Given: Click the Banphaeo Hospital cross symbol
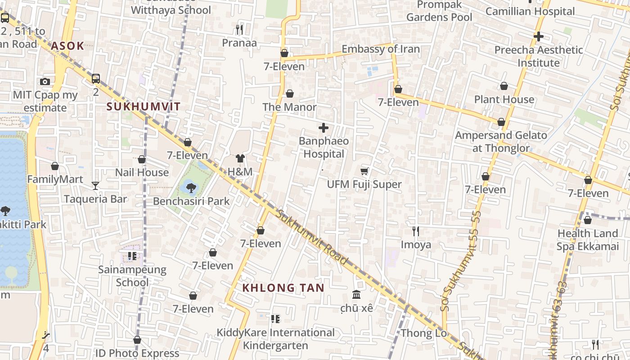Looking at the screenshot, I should click(x=323, y=128).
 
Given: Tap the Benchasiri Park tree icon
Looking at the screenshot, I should click(x=191, y=188).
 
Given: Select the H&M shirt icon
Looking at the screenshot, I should click(x=240, y=158).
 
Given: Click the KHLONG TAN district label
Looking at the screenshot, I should click(x=283, y=288).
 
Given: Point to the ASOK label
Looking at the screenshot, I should click(x=67, y=45).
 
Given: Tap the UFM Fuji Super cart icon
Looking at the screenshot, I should click(x=364, y=171).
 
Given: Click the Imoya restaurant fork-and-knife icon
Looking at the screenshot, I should click(x=416, y=231).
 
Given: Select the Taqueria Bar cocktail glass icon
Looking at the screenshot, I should click(x=95, y=185).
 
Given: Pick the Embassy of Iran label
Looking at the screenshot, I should click(x=381, y=49).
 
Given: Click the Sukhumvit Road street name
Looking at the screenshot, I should click(x=312, y=237).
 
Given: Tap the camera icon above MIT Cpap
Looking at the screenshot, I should click(x=45, y=81).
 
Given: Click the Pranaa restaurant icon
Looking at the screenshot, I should click(x=239, y=30).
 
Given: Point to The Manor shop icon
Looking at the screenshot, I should click(x=290, y=94).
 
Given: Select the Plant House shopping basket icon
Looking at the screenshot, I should click(x=504, y=86).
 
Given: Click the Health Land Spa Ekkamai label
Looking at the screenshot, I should click(x=587, y=240).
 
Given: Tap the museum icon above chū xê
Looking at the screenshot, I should click(x=356, y=295).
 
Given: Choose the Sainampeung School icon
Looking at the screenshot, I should click(x=132, y=256).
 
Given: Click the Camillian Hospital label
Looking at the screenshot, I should click(x=530, y=11).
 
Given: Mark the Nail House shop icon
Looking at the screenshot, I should click(x=142, y=159).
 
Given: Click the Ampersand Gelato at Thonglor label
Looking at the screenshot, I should click(x=501, y=142).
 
